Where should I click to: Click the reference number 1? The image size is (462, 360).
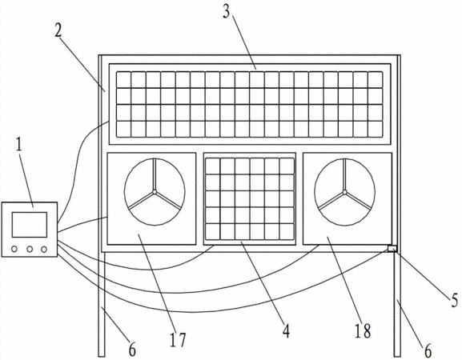click(x=19, y=145)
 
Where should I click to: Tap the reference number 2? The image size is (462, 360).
click(x=58, y=30)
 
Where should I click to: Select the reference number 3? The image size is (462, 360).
click(x=226, y=11)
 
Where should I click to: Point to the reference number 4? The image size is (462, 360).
click(x=286, y=331)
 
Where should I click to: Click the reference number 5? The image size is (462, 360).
click(x=454, y=300)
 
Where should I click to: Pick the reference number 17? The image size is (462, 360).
click(x=178, y=340)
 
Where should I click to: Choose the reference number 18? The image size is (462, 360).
click(x=363, y=330)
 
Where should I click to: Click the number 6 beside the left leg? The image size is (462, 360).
click(x=132, y=350)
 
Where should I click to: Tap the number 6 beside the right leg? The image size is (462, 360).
click(x=428, y=351)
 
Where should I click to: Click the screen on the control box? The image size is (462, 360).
click(x=30, y=225)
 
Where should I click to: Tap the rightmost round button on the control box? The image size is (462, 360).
click(x=44, y=250)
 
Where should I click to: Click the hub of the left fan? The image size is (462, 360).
click(x=155, y=192)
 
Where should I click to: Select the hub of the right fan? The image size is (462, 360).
click(x=344, y=192)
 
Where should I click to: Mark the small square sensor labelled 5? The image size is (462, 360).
click(x=392, y=249)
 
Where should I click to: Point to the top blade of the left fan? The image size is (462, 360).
click(x=155, y=174)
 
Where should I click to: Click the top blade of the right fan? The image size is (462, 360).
click(x=344, y=174)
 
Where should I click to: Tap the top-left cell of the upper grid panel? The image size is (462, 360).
click(x=123, y=79)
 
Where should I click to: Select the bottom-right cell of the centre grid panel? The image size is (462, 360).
click(x=287, y=232)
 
